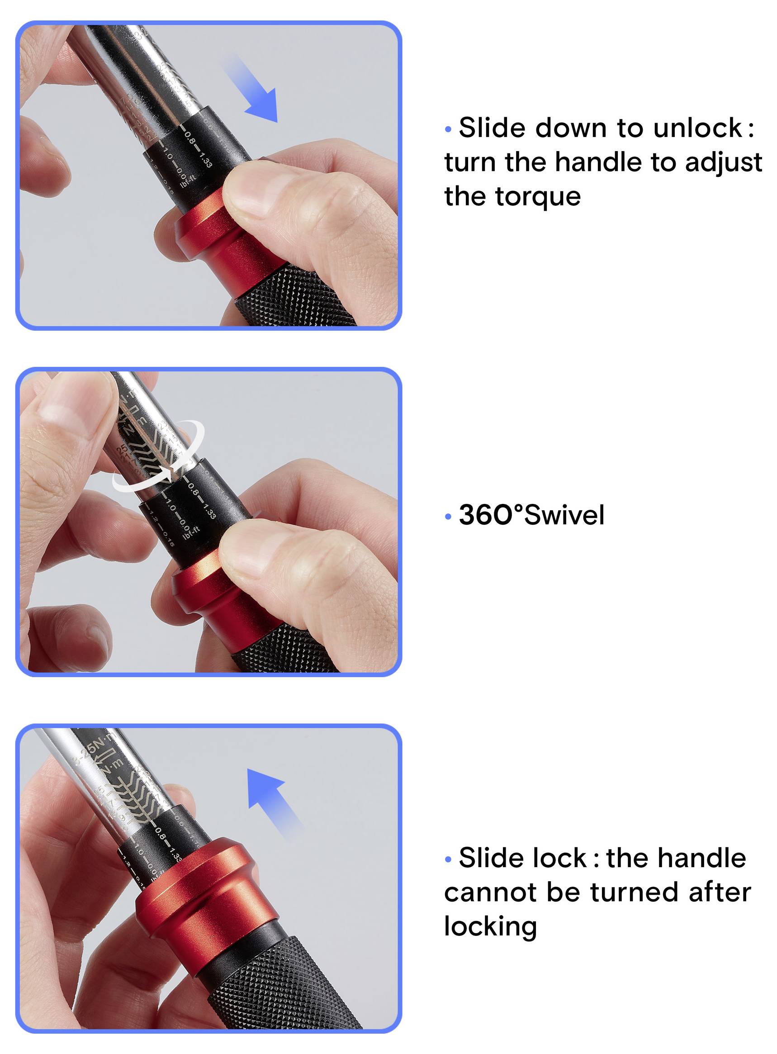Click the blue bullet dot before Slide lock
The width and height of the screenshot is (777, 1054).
448,860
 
